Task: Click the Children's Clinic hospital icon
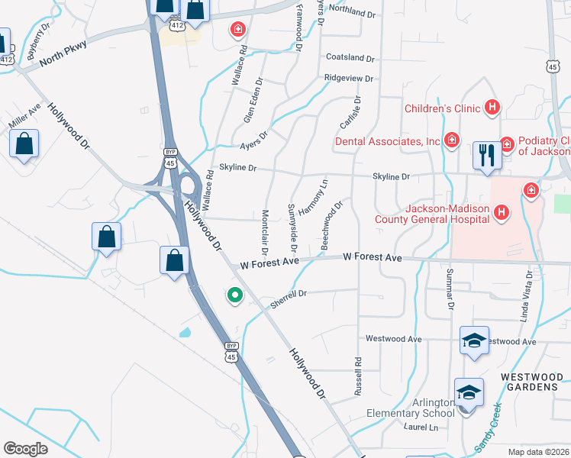click(492, 109)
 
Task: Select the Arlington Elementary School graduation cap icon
click(469, 393)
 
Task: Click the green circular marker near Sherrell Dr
click(234, 294)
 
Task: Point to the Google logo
click(26, 449)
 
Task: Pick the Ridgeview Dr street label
click(348, 78)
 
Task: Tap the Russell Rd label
click(356, 376)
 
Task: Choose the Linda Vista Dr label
click(527, 295)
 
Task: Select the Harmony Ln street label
click(312, 197)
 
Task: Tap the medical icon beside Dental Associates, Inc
click(453, 141)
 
